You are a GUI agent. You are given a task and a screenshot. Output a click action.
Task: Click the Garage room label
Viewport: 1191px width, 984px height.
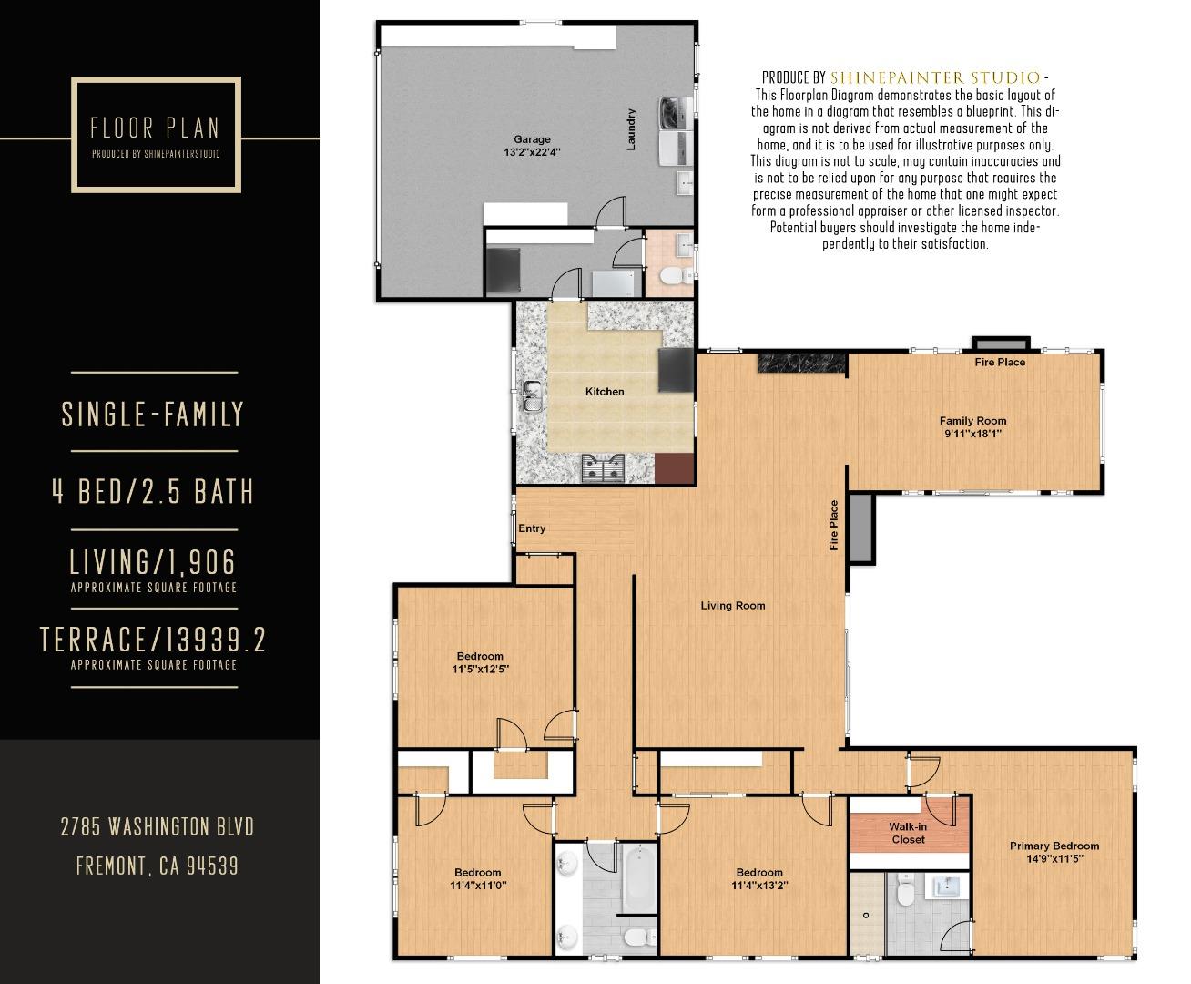point(531,139)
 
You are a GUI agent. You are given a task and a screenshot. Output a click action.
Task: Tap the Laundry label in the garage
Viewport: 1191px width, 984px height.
point(631,129)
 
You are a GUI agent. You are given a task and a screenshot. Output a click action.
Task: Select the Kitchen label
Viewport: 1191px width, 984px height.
point(605,392)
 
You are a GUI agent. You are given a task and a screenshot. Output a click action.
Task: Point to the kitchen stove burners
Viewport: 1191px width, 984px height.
point(604,469)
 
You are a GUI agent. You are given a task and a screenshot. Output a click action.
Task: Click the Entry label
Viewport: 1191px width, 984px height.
point(532,528)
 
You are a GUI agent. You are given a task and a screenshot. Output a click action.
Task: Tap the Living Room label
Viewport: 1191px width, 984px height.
point(732,606)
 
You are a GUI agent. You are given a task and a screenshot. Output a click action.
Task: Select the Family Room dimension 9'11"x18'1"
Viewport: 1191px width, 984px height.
point(972,435)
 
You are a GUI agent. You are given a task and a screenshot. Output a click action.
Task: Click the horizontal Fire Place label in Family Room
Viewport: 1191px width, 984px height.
point(1000,363)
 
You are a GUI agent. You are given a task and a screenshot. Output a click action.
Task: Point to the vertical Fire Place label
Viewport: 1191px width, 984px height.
point(833,526)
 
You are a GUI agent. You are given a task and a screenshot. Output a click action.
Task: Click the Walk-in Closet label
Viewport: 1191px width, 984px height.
point(908,833)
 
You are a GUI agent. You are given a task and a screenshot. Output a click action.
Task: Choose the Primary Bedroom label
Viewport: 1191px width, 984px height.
point(1054,846)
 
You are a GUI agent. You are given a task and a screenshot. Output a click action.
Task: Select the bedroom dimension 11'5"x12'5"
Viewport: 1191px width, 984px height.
point(480,669)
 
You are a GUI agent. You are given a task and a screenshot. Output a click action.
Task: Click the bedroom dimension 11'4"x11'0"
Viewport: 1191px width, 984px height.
point(477,885)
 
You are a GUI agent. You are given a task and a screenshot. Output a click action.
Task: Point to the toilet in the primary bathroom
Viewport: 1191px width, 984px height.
point(905,890)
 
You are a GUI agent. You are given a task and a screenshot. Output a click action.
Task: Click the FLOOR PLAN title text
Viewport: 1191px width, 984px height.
point(155,128)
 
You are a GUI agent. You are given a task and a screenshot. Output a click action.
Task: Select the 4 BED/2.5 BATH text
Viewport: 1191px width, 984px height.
point(153,492)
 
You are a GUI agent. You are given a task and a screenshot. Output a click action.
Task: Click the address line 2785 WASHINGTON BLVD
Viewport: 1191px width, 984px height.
point(157,827)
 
